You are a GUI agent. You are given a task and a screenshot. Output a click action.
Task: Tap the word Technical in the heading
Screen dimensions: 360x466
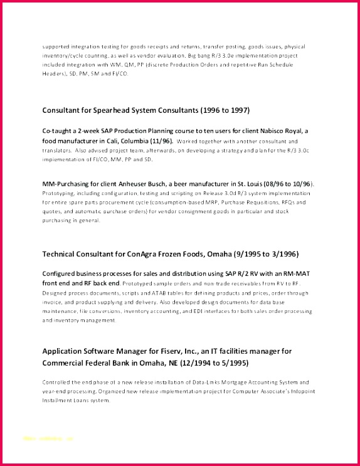[x=60, y=254]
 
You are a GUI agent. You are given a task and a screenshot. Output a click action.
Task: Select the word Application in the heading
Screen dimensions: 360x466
[x=63, y=351]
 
